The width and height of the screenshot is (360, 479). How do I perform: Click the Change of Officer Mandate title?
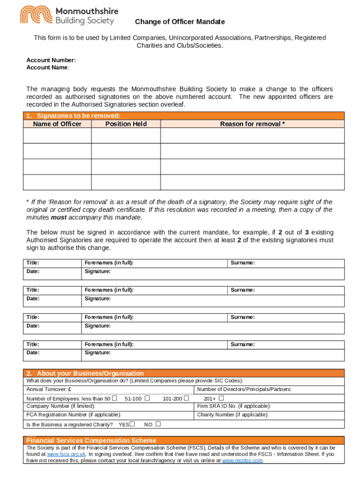(x=180, y=22)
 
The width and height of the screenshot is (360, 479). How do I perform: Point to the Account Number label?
(x=51, y=60)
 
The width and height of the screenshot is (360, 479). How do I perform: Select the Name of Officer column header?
(x=57, y=124)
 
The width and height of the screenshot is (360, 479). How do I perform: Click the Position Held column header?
(x=126, y=124)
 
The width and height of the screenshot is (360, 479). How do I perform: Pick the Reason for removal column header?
(x=252, y=124)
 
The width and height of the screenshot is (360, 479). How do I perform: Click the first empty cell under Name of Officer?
(x=57, y=136)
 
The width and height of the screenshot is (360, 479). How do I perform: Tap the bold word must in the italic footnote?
(x=58, y=218)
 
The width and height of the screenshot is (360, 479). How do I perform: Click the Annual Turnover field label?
(x=49, y=389)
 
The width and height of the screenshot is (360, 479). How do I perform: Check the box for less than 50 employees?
(x=115, y=398)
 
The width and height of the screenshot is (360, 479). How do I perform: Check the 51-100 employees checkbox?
(x=147, y=398)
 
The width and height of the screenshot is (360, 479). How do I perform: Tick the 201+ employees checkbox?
(x=222, y=398)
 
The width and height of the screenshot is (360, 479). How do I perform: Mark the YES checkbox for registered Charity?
(x=132, y=424)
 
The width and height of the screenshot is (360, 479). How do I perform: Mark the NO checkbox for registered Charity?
(x=158, y=424)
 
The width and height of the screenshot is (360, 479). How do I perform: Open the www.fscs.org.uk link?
(x=66, y=454)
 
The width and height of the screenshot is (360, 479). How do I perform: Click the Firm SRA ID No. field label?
(x=234, y=406)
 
